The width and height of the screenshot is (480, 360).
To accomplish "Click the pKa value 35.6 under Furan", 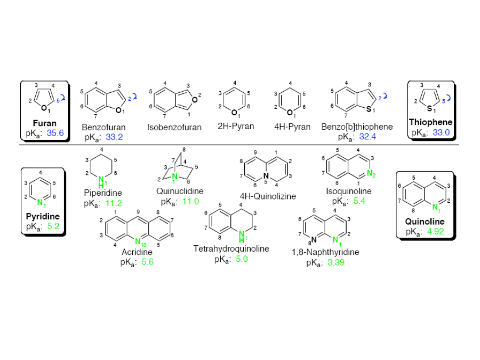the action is [55, 133].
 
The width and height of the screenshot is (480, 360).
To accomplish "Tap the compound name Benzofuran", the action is [103, 127].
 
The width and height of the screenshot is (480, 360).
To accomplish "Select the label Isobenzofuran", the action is [174, 127].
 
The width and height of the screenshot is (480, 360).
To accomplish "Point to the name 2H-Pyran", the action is [236, 126].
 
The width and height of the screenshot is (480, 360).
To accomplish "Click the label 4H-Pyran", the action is [292, 127].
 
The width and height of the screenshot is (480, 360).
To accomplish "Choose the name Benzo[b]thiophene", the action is [357, 127].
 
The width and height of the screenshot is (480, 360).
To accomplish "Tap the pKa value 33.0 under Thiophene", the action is [441, 133].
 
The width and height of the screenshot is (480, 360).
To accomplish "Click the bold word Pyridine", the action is [43, 217].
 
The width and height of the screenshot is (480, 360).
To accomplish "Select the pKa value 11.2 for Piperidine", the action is [114, 203].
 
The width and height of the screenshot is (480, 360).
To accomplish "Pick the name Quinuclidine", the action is [180, 191].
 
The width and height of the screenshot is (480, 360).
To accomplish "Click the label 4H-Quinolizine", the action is [268, 196].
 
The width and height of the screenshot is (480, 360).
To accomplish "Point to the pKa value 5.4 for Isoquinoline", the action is [359, 201].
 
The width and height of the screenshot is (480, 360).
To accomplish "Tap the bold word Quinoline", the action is [425, 221].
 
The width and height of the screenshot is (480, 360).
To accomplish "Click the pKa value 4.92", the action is [435, 231].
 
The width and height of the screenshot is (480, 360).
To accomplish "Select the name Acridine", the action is [137, 252].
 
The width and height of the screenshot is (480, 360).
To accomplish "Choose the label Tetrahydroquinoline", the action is [231, 249].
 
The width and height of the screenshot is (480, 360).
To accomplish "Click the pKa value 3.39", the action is [336, 262].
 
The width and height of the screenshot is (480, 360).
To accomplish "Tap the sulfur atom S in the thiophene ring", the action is [429, 108].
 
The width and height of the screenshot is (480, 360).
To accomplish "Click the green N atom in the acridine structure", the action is [138, 241].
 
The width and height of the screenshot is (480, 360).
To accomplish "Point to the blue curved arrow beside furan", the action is [62, 98].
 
